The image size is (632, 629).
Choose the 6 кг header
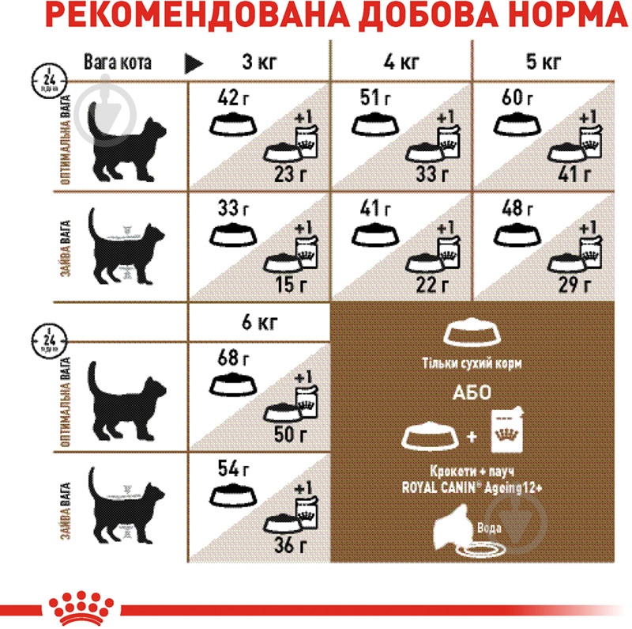point(258,324)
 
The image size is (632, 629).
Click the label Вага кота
point(117,63)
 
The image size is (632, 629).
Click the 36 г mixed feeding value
point(292,544)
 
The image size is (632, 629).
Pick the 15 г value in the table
point(292,284)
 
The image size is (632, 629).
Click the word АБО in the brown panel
point(471,393)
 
